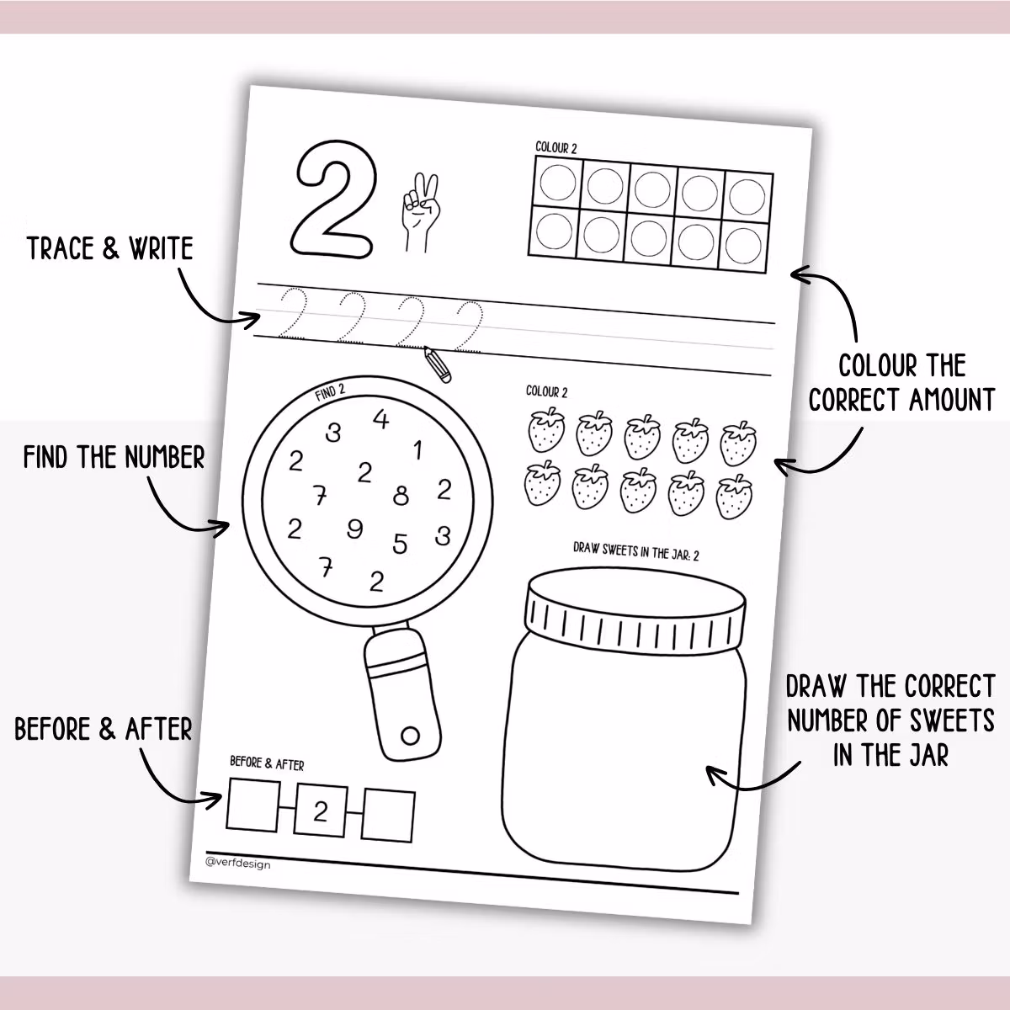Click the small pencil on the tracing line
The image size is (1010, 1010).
(436, 364)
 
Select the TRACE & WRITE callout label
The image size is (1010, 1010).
(109, 248)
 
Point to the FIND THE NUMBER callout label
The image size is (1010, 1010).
(114, 458)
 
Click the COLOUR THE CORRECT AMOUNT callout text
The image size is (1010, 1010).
(901, 382)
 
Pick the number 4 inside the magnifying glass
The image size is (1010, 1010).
(381, 418)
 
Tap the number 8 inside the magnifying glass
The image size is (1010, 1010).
(401, 496)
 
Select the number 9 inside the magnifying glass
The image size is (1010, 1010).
(354, 529)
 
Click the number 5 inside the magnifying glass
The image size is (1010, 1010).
(400, 545)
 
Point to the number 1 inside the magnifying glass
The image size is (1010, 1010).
(417, 451)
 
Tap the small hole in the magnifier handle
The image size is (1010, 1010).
(410, 736)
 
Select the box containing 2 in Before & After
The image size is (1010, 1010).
(321, 811)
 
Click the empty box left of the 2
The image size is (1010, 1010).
(253, 805)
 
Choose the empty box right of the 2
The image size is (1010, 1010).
(388, 815)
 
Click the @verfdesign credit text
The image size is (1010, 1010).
(238, 863)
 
